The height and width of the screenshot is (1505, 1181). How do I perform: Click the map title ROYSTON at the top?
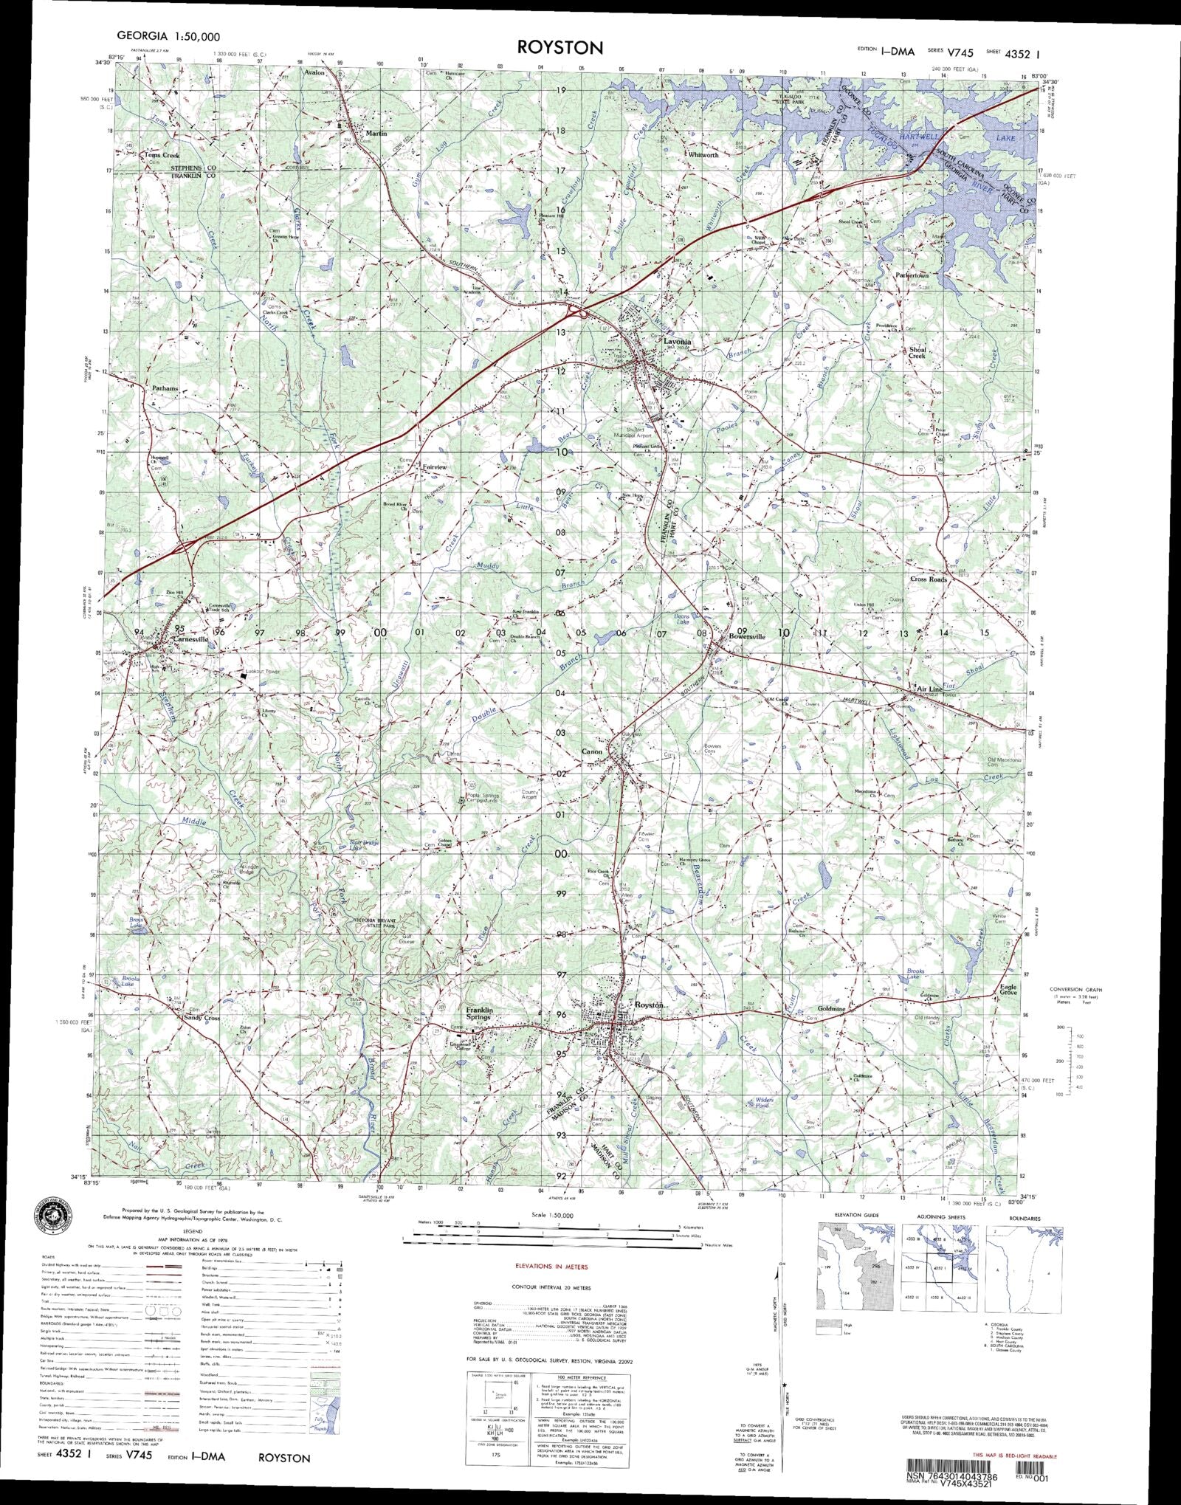click(x=560, y=47)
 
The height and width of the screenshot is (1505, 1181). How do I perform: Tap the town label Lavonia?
click(x=677, y=342)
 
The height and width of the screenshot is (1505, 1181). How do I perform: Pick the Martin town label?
click(x=376, y=133)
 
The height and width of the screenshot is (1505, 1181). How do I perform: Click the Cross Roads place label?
click(x=929, y=579)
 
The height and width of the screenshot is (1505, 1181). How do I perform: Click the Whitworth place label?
click(x=703, y=155)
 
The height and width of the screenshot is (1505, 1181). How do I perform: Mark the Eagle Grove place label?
click(x=1008, y=991)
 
